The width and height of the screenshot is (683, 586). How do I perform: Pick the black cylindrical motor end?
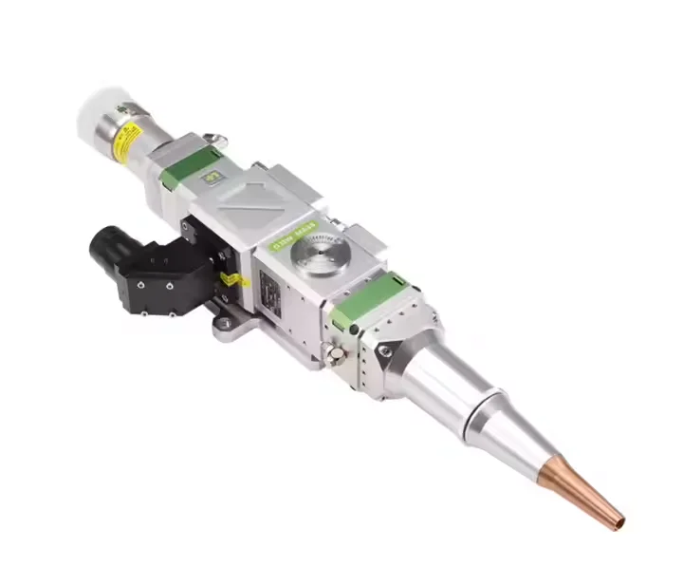pos(106,250)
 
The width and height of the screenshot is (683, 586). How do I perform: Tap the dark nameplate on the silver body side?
pos(269,290)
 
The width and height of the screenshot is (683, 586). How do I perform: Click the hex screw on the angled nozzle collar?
pos(384,350)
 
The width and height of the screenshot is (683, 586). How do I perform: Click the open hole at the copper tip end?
pos(619,521)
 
